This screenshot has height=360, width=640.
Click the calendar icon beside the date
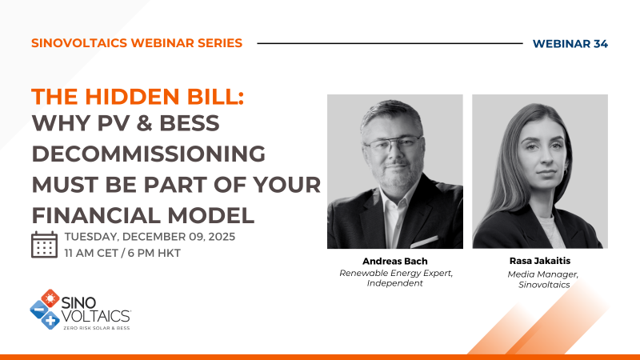(44, 244)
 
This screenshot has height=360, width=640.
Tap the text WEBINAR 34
(569, 43)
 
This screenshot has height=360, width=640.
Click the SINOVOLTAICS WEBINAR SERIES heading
(136, 43)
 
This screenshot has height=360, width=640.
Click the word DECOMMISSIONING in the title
(148, 155)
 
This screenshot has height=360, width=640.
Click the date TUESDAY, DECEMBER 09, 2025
(150, 237)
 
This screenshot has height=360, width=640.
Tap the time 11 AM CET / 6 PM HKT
(122, 253)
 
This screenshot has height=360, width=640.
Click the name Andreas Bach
(394, 262)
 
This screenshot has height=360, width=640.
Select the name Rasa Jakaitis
(540, 262)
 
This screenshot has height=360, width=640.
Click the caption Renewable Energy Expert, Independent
(394, 278)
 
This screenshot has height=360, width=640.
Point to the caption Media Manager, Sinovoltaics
(540, 278)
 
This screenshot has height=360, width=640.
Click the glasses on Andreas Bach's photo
(392, 145)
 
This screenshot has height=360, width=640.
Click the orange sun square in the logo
(50, 298)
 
